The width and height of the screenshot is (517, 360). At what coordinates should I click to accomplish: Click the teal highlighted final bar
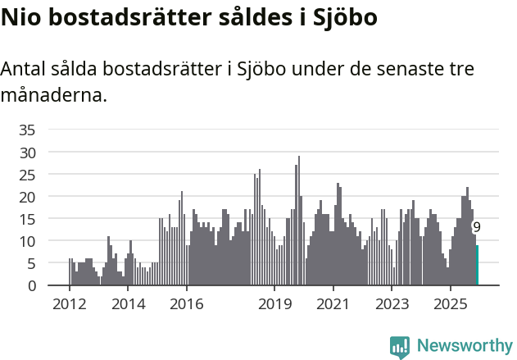pyautogui.click(x=477, y=266)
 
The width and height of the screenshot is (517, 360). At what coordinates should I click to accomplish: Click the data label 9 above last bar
pyautogui.click(x=477, y=227)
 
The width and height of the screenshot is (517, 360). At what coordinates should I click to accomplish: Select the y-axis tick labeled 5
pyautogui.click(x=31, y=263)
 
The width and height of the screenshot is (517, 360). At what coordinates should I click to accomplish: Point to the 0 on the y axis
pyautogui.click(x=31, y=285)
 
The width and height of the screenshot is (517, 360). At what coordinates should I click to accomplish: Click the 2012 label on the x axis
pyautogui.click(x=69, y=304)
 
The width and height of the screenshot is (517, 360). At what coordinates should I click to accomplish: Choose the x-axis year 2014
pyautogui.click(x=128, y=304)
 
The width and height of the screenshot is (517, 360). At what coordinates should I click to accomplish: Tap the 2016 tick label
pyautogui.click(x=187, y=304)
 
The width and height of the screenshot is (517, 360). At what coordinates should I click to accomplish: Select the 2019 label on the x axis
pyautogui.click(x=274, y=304)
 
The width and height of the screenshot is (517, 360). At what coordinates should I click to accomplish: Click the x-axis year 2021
pyautogui.click(x=333, y=304)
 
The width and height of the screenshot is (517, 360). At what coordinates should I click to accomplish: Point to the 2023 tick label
pyautogui.click(x=392, y=304)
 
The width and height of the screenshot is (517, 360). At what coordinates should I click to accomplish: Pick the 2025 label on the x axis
pyautogui.click(x=451, y=304)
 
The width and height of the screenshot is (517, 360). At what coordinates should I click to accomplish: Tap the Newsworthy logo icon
pyautogui.click(x=400, y=346)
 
